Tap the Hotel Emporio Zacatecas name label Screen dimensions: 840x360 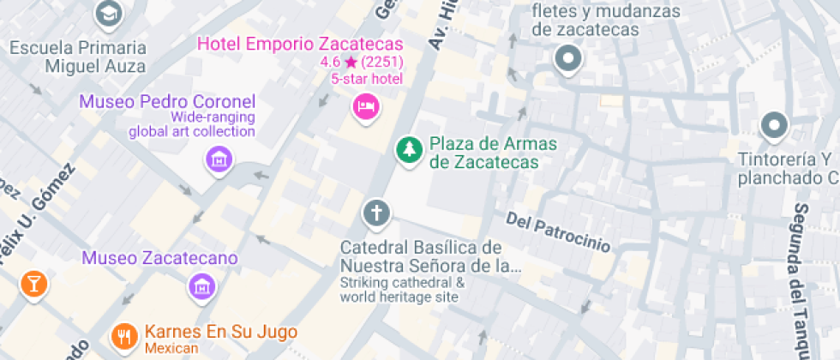[300, 43]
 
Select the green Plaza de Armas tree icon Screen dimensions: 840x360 [409, 151]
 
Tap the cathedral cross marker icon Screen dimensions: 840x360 [375, 213]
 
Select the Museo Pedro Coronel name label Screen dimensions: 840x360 [167, 101]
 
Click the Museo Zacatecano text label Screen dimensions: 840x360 [159, 258]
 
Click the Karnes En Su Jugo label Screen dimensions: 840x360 [221, 332]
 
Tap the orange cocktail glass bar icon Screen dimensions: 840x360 [33, 284]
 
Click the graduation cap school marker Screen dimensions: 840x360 [108, 13]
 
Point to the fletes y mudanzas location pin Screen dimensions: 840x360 [567, 60]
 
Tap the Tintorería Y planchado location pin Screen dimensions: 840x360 [774, 126]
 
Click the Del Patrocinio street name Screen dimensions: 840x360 [558, 232]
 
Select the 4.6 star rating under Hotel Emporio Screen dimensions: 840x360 [361, 63]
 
